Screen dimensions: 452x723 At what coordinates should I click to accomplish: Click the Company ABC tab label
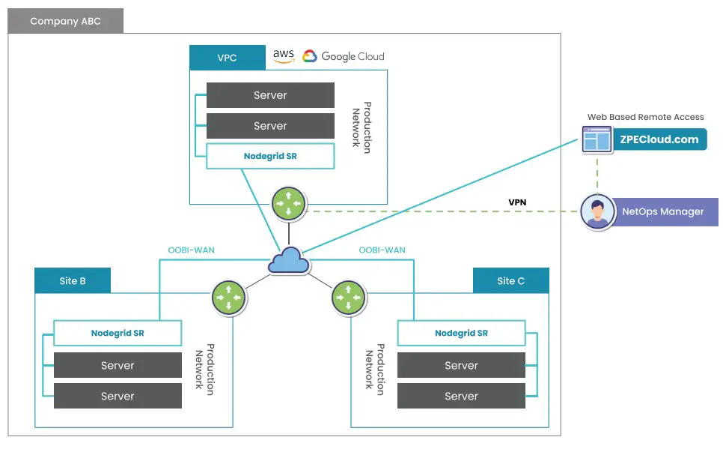[x=65, y=21]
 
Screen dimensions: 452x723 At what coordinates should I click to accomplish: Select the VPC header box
[x=227, y=58]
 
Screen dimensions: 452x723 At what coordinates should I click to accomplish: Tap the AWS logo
[x=284, y=56]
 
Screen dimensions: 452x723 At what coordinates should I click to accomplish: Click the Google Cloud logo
[x=344, y=56]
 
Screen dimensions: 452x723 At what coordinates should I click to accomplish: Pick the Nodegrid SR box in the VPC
[x=270, y=157]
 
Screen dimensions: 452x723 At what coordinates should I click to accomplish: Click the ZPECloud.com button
[x=659, y=139]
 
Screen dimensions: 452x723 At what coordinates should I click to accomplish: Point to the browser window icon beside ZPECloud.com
[x=597, y=139]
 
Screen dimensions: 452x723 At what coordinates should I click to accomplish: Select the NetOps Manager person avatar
[x=597, y=211]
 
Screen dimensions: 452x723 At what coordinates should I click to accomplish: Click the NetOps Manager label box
[x=662, y=211]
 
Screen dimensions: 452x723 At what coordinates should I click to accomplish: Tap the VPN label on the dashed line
[x=517, y=202]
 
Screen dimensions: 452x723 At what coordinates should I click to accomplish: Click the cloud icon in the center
[x=289, y=260]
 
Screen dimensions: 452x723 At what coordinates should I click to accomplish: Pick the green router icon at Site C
[x=347, y=297]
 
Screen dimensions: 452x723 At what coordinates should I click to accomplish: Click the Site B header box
[x=73, y=281]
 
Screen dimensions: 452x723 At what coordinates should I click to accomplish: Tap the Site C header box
[x=510, y=281]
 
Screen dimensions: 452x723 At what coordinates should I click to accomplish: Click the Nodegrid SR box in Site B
[x=118, y=334]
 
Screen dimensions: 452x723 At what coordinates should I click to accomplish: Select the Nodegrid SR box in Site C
[x=461, y=334]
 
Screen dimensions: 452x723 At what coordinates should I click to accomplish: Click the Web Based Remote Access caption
[x=645, y=117]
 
